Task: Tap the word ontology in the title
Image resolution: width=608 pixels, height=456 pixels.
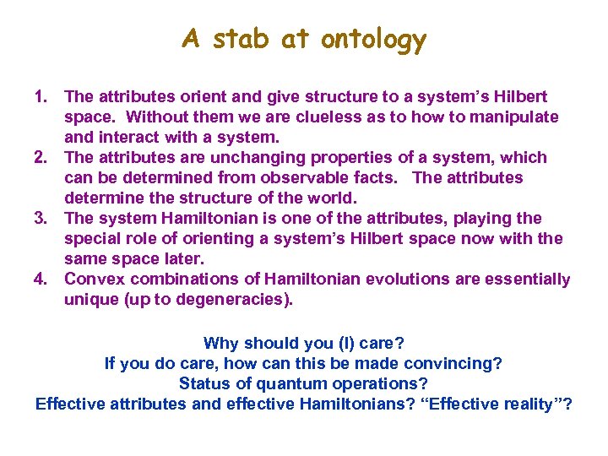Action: coord(373,40)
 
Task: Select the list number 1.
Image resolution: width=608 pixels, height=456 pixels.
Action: coord(42,97)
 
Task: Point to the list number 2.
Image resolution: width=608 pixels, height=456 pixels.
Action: coord(42,158)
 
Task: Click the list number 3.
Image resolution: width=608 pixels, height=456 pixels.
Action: coord(42,219)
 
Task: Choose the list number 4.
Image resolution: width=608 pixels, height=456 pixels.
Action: coord(42,280)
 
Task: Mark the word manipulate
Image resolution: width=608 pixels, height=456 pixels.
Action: coord(513,117)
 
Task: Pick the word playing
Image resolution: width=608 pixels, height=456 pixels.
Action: coord(480,219)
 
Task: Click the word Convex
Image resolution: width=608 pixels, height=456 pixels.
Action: coord(93,280)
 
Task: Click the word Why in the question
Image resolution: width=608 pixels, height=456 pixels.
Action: coord(221,344)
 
